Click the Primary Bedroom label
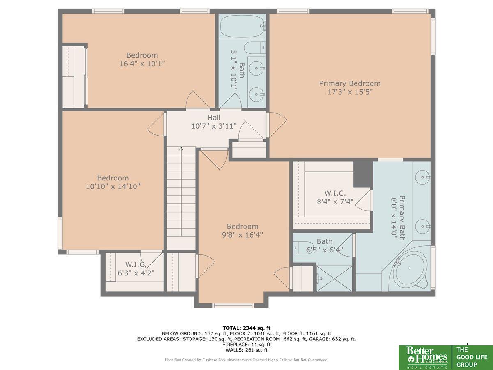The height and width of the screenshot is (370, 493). click(x=350, y=83)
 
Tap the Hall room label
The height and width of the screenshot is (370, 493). click(x=214, y=118)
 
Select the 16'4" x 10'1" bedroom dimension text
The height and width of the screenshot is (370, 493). click(x=142, y=64)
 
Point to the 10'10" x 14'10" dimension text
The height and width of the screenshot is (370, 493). click(x=113, y=186)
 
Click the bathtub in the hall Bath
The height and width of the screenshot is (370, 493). click(x=242, y=26)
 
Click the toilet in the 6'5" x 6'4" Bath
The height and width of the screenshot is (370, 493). click(x=303, y=248)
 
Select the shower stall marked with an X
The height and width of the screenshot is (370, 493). click(x=334, y=279)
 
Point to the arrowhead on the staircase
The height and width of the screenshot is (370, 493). click(x=181, y=148)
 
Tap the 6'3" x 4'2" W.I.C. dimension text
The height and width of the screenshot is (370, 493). click(x=136, y=273)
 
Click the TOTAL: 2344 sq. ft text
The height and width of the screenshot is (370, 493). click(x=246, y=328)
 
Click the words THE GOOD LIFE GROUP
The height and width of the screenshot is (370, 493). click(x=472, y=357)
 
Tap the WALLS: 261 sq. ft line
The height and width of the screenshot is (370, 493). click(x=246, y=350)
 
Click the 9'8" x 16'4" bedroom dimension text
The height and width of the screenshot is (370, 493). click(x=242, y=235)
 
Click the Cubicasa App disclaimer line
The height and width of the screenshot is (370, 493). click(x=246, y=360)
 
